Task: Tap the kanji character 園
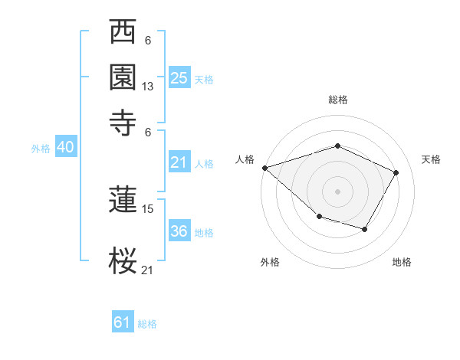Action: pyautogui.click(x=123, y=76)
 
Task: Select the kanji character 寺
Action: pyautogui.click(x=123, y=119)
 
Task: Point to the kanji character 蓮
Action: pyautogui.click(x=123, y=201)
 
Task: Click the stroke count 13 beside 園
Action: pyautogui.click(x=148, y=87)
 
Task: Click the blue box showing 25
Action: pyautogui.click(x=179, y=77)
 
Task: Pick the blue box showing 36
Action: pyautogui.click(x=179, y=231)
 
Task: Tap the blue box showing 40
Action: pyautogui.click(x=65, y=147)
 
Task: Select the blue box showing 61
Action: pyautogui.click(x=122, y=322)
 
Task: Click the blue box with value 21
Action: pyautogui.click(x=179, y=162)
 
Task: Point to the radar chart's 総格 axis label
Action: pyautogui.click(x=338, y=100)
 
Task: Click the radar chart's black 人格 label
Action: pyautogui.click(x=245, y=159)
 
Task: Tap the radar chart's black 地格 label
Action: pyautogui.click(x=402, y=263)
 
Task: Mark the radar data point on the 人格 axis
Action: pyautogui.click(x=264, y=168)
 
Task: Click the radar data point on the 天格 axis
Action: pyautogui.click(x=396, y=172)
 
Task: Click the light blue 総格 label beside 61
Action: pyautogui.click(x=147, y=324)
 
